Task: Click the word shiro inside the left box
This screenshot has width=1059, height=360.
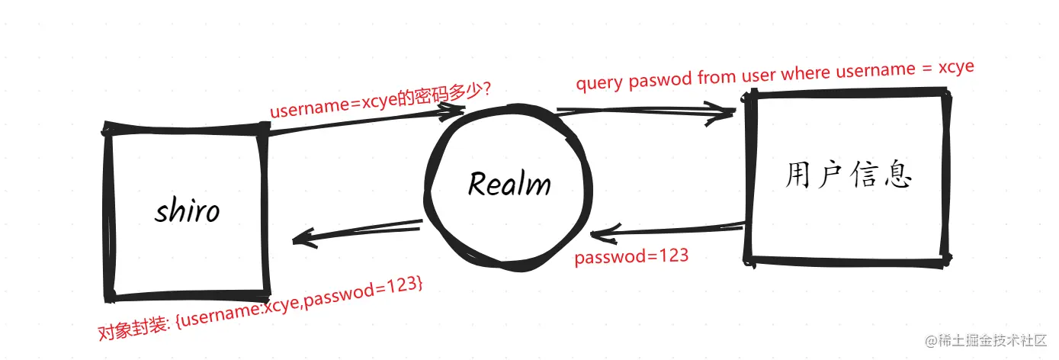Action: (x=187, y=210)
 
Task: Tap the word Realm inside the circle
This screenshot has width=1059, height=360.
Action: (x=509, y=184)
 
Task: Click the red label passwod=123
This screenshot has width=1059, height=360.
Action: (x=631, y=257)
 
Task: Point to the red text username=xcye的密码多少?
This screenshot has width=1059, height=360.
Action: (x=380, y=101)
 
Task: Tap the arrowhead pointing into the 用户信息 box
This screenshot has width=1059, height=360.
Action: (x=724, y=114)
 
